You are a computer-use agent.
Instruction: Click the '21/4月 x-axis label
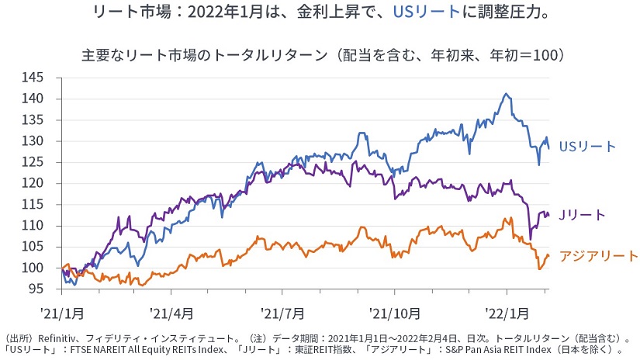[x=173, y=313]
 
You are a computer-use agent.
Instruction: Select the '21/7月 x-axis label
[x=284, y=313]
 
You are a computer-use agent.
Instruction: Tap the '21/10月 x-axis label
[x=395, y=313]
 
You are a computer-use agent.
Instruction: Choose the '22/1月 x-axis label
[x=507, y=313]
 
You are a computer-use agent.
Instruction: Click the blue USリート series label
[x=587, y=146]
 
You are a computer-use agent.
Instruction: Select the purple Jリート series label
[x=583, y=215]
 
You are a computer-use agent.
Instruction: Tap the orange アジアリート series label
[x=598, y=255]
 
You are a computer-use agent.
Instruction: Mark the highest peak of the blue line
[x=506, y=94]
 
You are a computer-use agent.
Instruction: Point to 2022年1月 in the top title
[x=215, y=13]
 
